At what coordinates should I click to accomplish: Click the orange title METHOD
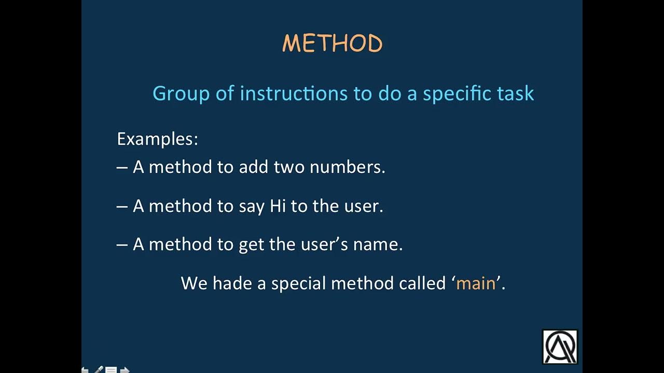click(x=332, y=44)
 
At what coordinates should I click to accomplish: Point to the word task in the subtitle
click(x=515, y=93)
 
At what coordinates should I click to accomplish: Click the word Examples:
click(x=157, y=139)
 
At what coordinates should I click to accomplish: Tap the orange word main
click(x=476, y=283)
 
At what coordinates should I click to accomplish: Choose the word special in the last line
click(x=298, y=284)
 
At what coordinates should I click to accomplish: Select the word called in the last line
click(x=422, y=283)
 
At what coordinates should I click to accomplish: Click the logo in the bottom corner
click(x=560, y=347)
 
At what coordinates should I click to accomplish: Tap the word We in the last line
click(x=194, y=283)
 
